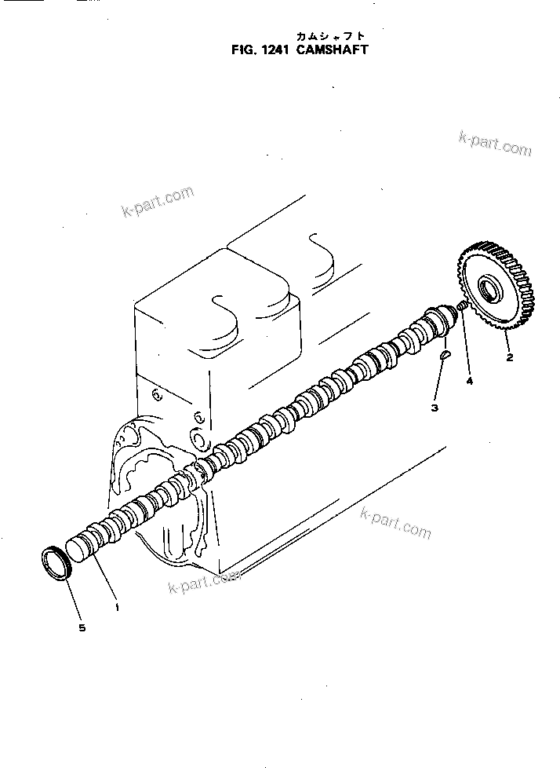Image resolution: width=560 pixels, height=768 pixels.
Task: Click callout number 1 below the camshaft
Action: click(117, 606)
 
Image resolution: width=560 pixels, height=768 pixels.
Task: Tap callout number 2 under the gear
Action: click(509, 358)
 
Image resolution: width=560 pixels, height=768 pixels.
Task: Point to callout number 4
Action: click(470, 382)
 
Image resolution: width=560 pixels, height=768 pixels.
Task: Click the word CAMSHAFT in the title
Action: click(332, 49)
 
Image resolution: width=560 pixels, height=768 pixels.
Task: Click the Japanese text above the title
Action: click(330, 36)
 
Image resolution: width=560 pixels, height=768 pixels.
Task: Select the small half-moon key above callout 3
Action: click(444, 353)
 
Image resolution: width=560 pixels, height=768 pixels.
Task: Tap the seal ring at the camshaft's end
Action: click(56, 564)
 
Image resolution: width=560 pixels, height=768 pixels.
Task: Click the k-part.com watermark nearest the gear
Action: click(495, 144)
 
